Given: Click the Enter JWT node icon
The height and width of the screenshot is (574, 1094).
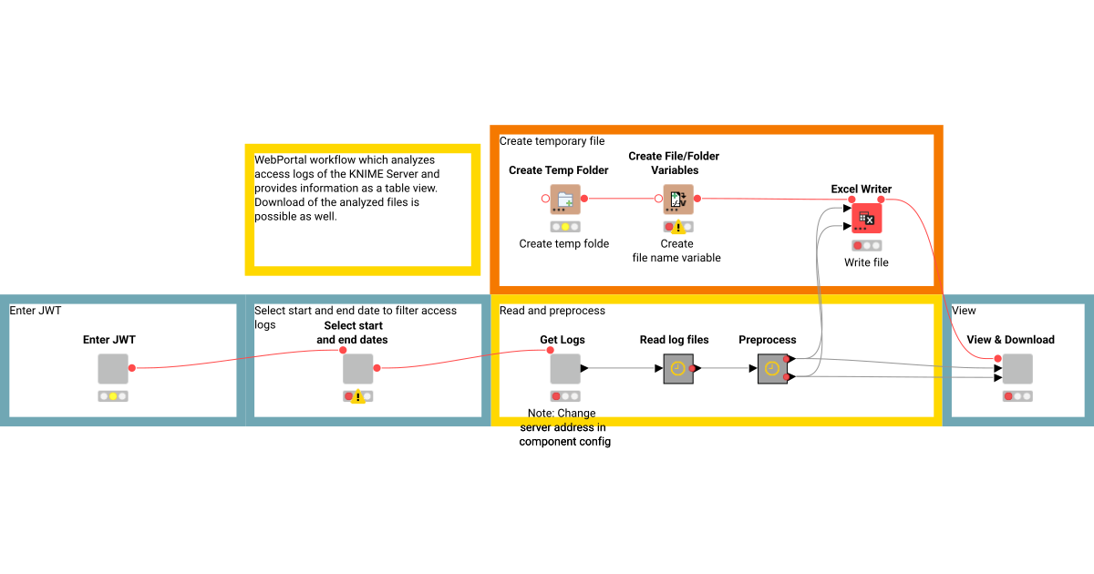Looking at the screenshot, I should pyautogui.click(x=113, y=369).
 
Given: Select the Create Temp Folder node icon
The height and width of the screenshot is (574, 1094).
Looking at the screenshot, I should pyautogui.click(x=564, y=199).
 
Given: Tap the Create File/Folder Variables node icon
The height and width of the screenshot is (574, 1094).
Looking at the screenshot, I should pyautogui.click(x=677, y=199).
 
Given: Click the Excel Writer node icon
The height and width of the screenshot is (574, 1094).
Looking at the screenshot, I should pyautogui.click(x=866, y=219).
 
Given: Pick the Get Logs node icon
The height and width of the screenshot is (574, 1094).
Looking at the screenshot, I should pyautogui.click(x=564, y=369).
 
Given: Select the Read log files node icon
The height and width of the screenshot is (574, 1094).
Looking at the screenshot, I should pyautogui.click(x=677, y=369).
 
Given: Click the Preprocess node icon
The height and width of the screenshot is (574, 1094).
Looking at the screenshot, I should pyautogui.click(x=772, y=369).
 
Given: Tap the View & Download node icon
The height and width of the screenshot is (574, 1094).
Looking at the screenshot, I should pyautogui.click(x=1017, y=369).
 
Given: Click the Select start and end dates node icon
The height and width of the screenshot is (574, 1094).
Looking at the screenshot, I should pyautogui.click(x=358, y=369).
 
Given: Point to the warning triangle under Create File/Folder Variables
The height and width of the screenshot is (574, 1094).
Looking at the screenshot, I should pyautogui.click(x=678, y=228).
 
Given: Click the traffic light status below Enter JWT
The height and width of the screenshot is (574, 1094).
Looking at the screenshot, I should pyautogui.click(x=113, y=396).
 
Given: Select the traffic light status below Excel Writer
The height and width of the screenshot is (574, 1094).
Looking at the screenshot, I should pyautogui.click(x=866, y=246).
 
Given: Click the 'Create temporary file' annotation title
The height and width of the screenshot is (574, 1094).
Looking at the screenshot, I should pyautogui.click(x=552, y=141).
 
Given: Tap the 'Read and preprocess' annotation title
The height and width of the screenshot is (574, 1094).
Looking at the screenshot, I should pyautogui.click(x=552, y=311).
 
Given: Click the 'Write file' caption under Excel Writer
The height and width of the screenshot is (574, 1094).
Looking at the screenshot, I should pyautogui.click(x=866, y=262).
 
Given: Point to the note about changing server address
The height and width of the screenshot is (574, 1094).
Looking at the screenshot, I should pyautogui.click(x=564, y=427).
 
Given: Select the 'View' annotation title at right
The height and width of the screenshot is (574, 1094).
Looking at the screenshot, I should pyautogui.click(x=964, y=311).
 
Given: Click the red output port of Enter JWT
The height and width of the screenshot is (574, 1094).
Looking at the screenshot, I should pyautogui.click(x=132, y=368).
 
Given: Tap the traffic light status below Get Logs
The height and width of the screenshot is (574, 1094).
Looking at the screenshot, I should pyautogui.click(x=564, y=396).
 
